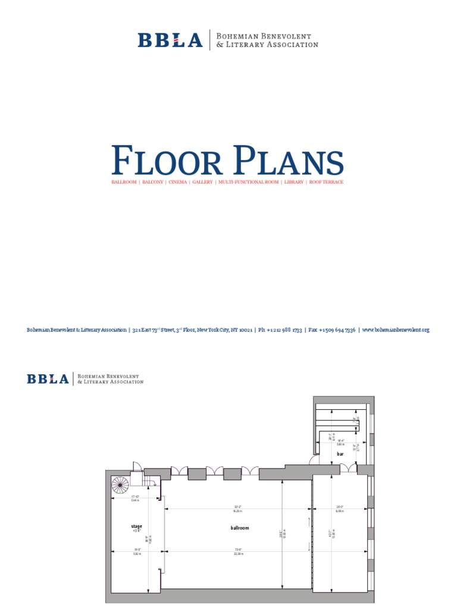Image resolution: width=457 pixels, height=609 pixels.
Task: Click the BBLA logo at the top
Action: [170, 40]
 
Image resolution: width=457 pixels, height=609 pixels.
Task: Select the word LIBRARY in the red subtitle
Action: [294, 181]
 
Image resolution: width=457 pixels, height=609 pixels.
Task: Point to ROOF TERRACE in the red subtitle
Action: [325, 181]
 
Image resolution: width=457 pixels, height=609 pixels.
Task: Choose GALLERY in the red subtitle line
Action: [202, 181]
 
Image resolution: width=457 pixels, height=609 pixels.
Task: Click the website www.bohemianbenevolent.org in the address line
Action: [396, 329]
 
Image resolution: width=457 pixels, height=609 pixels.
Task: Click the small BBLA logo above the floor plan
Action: [48, 378]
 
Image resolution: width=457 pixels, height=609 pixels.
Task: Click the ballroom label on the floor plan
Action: [239, 528]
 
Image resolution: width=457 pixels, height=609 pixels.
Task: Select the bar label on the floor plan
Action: [340, 454]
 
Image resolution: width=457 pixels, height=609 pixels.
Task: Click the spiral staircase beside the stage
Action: [120, 485]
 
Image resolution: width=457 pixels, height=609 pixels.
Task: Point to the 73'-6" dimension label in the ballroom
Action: [239, 551]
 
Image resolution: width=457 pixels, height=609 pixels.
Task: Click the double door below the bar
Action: [348, 470]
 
